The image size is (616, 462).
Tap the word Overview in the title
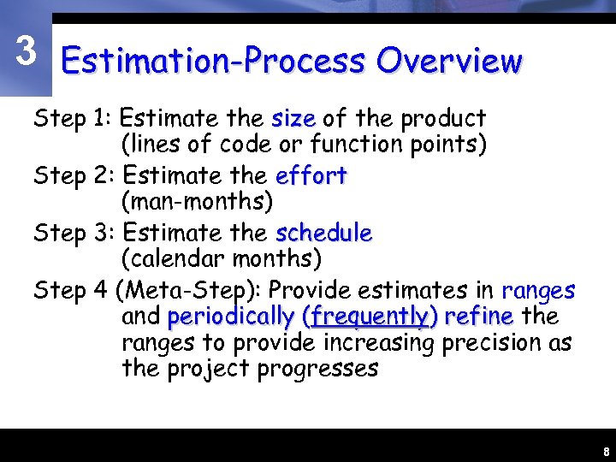coord(448,61)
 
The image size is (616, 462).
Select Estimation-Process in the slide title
coord(213,62)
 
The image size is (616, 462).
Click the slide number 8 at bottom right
coord(606,451)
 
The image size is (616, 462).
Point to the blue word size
coord(293,118)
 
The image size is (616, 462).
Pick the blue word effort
coord(311,175)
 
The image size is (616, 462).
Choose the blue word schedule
coord(323,233)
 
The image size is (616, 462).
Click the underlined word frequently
coord(370,317)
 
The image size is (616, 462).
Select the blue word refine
coord(478,317)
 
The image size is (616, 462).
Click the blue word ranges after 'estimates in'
coord(538,291)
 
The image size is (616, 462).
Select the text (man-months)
coord(197,202)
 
